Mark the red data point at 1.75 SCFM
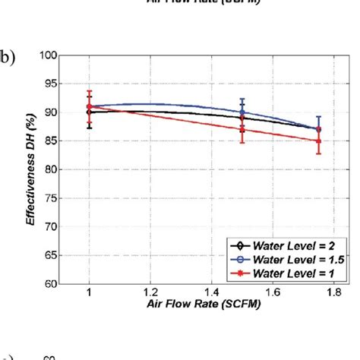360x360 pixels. (317, 141)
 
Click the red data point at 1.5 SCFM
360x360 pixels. (242, 129)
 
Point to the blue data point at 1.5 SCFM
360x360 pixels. (242, 112)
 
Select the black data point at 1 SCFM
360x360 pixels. (90, 112)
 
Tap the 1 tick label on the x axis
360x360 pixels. (90, 291)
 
